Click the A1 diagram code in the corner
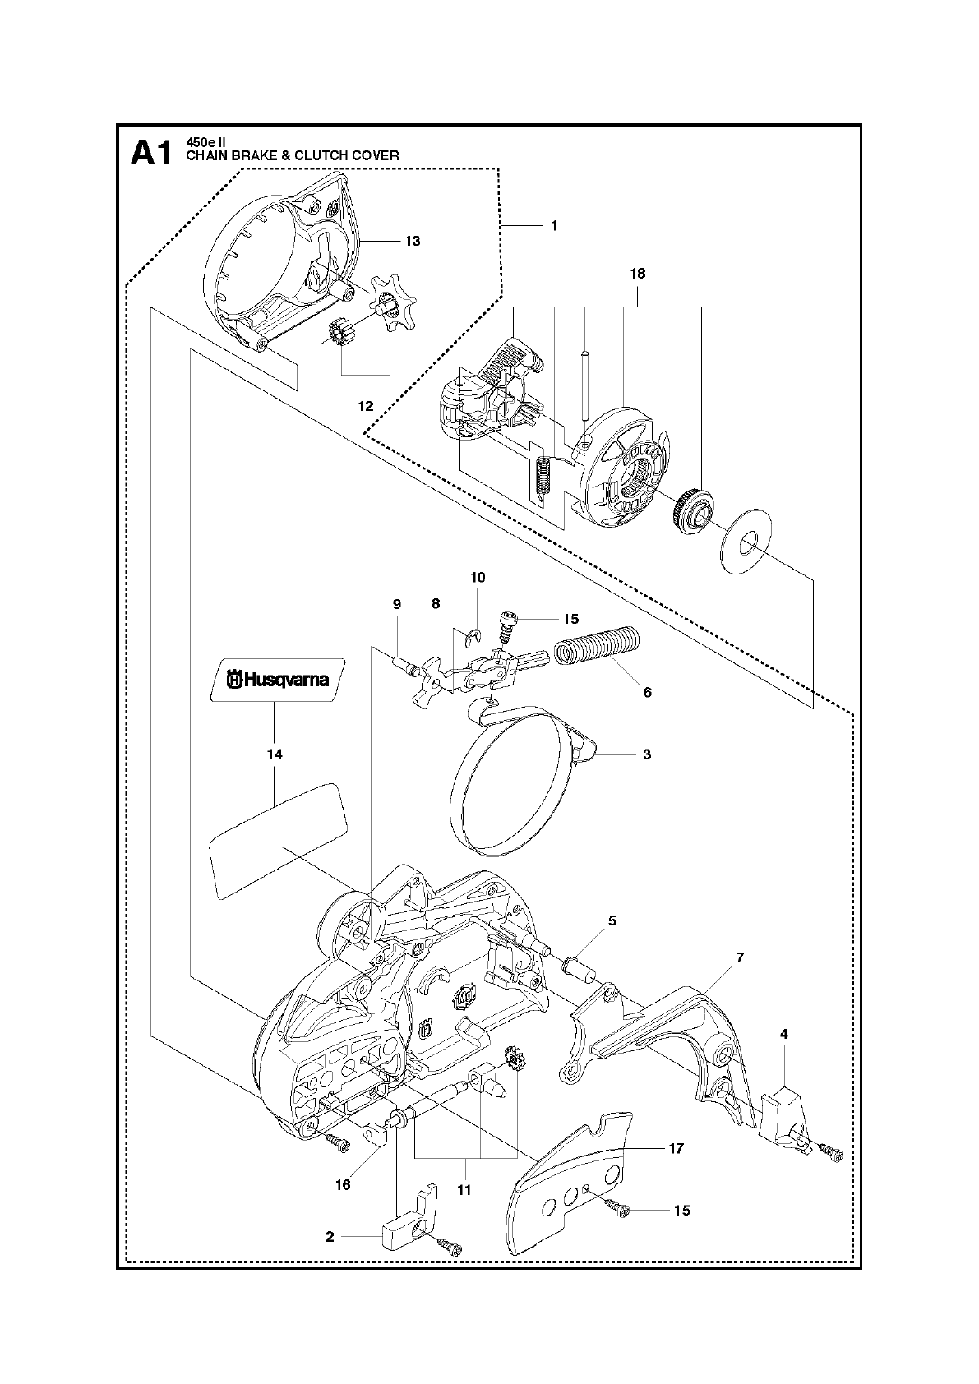pos(151,154)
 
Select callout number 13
pos(412,241)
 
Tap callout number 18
pos(637,274)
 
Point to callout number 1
pos(554,224)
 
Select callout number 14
pos(275,754)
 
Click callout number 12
pos(366,406)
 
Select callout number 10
pos(478,578)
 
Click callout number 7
pos(740,957)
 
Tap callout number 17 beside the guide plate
pos(676,1149)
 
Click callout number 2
pos(330,1236)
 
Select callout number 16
pos(343,1184)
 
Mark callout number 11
pos(464,1189)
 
